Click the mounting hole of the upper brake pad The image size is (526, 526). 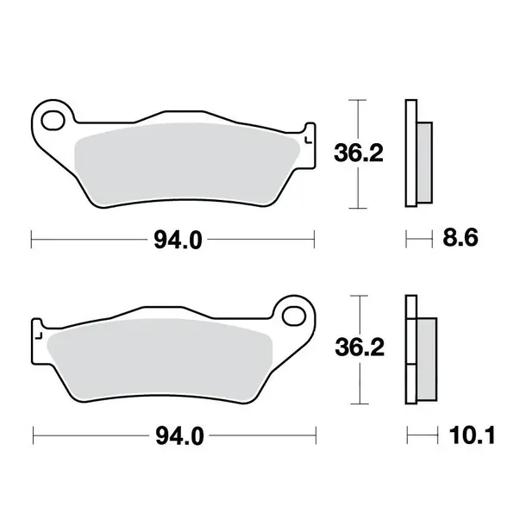[x=53, y=121]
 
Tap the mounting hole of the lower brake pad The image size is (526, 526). [x=294, y=316]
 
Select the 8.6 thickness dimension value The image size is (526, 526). [x=460, y=238]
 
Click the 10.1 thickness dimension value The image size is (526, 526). [x=472, y=435]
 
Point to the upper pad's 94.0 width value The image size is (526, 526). [x=178, y=241]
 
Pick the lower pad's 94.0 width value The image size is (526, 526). [x=179, y=436]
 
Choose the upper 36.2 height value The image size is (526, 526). [x=358, y=153]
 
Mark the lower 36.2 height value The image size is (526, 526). [x=360, y=348]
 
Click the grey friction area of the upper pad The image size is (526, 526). [x=186, y=165]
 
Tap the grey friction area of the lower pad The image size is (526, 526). [x=160, y=360]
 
